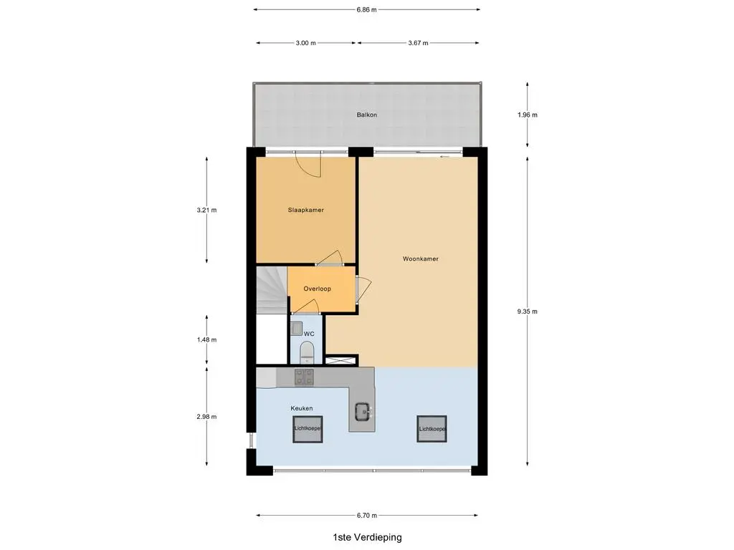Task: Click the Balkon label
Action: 366,115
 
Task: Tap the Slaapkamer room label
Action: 305,210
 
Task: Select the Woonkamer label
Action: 420,259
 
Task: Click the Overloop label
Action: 317,289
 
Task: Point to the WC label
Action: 309,334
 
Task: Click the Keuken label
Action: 302,408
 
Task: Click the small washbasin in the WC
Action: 296,328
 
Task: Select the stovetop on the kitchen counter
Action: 304,377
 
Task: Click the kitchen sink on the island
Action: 362,411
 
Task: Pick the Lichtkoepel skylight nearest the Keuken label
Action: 308,429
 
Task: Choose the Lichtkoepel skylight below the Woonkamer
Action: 432,429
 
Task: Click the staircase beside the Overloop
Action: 272,290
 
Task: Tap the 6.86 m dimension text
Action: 366,9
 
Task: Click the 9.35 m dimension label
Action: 527,312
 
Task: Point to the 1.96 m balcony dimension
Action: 527,115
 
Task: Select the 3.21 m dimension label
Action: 206,210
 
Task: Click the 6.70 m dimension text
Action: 366,516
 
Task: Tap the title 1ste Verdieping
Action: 367,537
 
